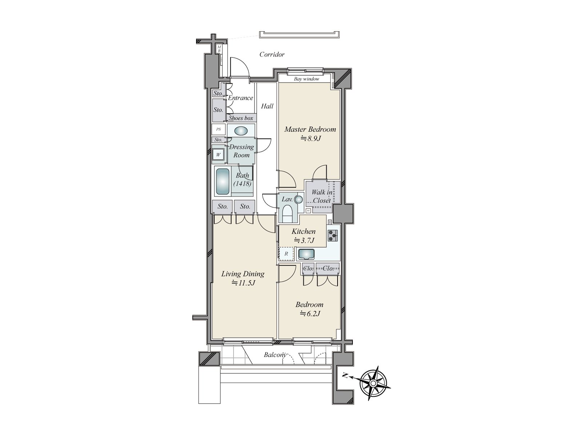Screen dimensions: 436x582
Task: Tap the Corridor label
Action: (272, 54)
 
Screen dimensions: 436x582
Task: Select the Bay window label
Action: (306, 79)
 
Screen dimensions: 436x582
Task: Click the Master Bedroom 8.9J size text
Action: (310, 138)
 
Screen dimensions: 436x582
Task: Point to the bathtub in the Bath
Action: (223, 181)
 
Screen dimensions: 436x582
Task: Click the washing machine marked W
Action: (219, 154)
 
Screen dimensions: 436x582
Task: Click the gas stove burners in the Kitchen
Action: (332, 235)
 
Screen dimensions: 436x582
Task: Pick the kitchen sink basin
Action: (307, 254)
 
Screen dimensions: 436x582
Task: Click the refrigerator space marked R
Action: (286, 254)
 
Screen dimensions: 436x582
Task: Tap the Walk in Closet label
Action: (322, 196)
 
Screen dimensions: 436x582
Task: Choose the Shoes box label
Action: (241, 118)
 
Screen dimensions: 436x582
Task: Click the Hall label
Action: (267, 106)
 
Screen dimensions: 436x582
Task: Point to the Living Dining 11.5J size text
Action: (243, 283)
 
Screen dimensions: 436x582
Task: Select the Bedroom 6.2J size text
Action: (310, 314)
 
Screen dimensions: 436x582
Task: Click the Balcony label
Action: (276, 355)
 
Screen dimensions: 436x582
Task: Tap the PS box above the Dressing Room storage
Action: (219, 129)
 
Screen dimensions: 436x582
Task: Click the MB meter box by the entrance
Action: (219, 49)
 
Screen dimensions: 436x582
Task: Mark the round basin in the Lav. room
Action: (299, 199)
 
